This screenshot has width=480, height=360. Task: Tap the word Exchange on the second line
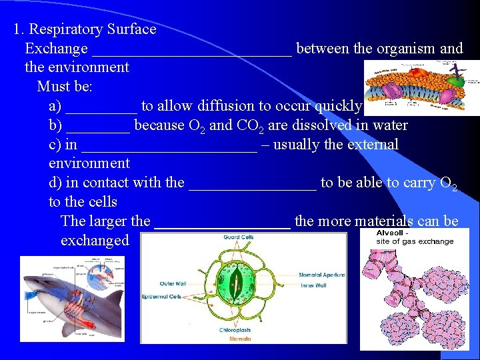pos(56,49)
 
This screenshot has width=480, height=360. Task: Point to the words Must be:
pos(65,87)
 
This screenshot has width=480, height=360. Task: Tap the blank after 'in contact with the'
pos(253,183)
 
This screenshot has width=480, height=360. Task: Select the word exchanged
pos(95,241)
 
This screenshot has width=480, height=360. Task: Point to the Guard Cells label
pos(238,237)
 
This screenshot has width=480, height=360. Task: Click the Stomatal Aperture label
pos(321,275)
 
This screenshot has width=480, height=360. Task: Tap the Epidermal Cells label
pos(161,296)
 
